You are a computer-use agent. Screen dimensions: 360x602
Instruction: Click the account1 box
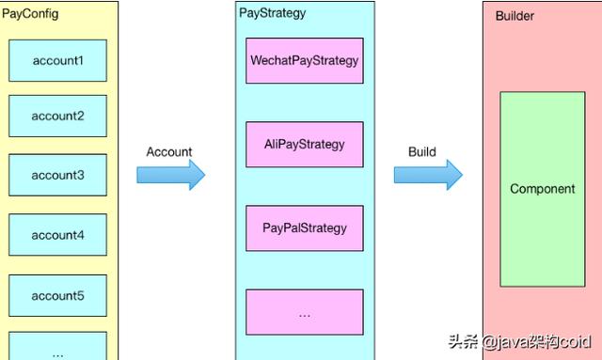58,60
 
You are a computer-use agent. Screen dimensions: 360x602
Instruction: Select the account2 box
58,117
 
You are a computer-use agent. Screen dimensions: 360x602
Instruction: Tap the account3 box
58,175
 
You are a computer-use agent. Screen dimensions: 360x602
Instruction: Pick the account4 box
58,235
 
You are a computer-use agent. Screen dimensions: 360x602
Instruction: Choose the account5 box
58,295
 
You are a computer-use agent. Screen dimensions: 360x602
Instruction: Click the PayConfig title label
30,14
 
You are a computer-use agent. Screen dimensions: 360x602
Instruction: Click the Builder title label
515,16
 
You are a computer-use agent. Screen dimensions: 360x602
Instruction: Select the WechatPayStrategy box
304,61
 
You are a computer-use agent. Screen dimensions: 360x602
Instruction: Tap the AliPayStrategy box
304,145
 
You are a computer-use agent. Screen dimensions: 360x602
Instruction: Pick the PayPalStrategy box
304,227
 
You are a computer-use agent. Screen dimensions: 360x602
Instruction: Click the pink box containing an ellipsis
304,313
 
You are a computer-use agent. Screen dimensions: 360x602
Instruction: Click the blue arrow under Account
170,175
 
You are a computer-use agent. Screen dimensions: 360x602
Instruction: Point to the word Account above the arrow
169,151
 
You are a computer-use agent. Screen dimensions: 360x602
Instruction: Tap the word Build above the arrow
422,151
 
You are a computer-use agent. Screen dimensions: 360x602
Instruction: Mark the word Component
542,189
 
